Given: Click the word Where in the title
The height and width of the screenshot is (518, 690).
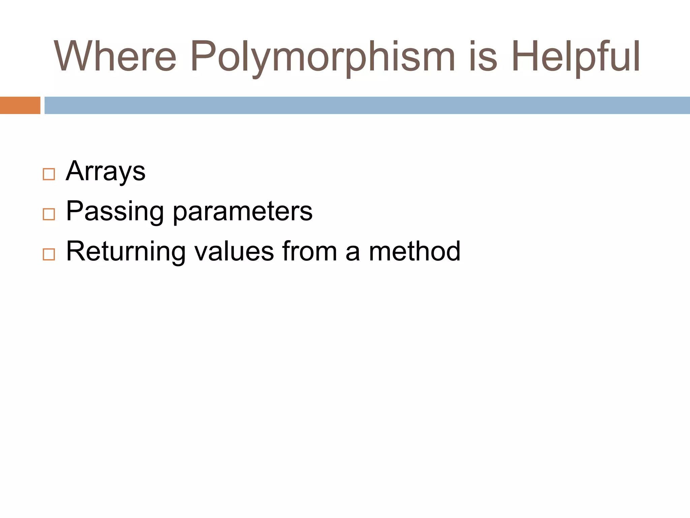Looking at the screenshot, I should [x=115, y=56].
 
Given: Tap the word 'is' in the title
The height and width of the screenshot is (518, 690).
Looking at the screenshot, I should [x=483, y=56].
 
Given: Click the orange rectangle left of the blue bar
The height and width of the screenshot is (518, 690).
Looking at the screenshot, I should [x=20, y=105].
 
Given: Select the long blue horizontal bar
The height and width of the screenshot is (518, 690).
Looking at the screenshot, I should [x=367, y=105].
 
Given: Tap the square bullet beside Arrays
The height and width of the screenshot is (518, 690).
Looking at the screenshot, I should [x=49, y=174].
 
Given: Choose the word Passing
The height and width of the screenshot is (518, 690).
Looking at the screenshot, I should [x=115, y=212].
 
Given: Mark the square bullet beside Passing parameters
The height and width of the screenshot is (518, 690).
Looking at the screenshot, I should [x=49, y=214].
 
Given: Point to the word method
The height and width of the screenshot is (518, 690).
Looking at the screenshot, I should [x=414, y=251].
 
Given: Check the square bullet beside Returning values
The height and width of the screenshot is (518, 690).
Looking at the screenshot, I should [x=49, y=254].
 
